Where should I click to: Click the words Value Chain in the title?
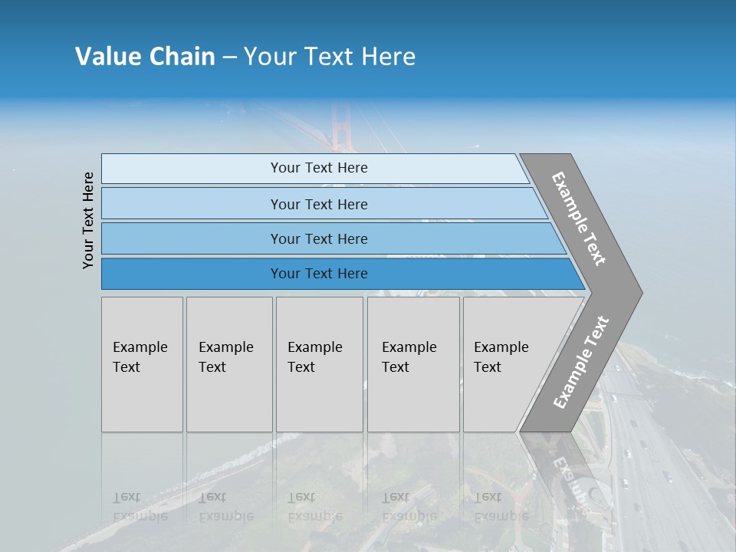[x=145, y=57]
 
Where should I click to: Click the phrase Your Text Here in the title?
[x=330, y=57]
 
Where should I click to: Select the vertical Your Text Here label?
[x=88, y=220]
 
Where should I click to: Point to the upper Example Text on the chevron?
[x=579, y=219]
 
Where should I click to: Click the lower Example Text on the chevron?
[x=580, y=363]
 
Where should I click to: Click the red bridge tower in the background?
[x=339, y=127]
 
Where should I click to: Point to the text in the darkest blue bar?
[x=319, y=274]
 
